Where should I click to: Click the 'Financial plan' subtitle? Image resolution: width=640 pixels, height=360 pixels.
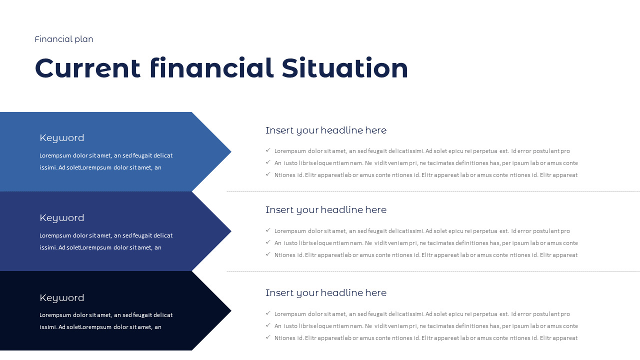64,39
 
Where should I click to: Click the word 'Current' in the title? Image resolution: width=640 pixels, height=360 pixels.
87,68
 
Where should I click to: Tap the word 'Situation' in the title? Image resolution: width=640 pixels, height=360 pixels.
344,68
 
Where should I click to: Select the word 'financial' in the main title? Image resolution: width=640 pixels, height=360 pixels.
211,68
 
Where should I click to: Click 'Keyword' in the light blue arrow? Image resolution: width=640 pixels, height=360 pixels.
62,138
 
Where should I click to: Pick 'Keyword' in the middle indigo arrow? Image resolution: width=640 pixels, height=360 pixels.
62,218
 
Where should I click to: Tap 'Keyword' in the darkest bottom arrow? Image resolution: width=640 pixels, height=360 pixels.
62,298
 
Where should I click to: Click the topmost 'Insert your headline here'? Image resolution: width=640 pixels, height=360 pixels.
326,130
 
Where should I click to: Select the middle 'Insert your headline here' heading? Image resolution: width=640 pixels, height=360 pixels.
326,210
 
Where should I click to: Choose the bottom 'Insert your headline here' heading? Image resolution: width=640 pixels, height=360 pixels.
326,293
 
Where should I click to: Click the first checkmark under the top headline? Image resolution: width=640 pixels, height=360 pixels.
268,150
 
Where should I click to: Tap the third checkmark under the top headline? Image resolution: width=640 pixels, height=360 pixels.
268,174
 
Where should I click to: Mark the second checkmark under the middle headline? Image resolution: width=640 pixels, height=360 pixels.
268,242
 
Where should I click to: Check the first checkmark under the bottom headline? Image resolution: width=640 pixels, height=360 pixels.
268,313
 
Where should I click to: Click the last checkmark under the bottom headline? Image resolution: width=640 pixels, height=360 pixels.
268,337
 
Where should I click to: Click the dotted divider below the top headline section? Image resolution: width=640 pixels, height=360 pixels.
433,191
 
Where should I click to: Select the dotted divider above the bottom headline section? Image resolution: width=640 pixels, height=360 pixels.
433,271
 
